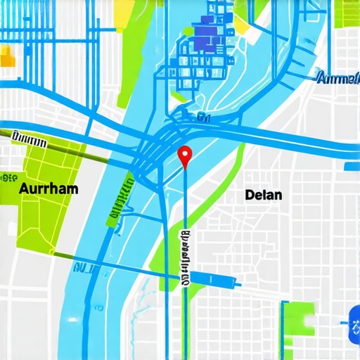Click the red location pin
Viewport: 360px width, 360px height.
[185, 154]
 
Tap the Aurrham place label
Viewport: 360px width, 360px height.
[49, 189]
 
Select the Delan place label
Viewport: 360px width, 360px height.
[264, 195]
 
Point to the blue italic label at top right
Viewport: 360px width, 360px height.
[337, 78]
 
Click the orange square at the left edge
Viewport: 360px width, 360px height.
[6, 56]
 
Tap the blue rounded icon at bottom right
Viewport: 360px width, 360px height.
[351, 326]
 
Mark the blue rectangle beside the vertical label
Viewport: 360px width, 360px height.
[211, 278]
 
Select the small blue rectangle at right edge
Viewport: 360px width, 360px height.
[352, 167]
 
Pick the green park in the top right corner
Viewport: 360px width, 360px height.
[348, 14]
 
